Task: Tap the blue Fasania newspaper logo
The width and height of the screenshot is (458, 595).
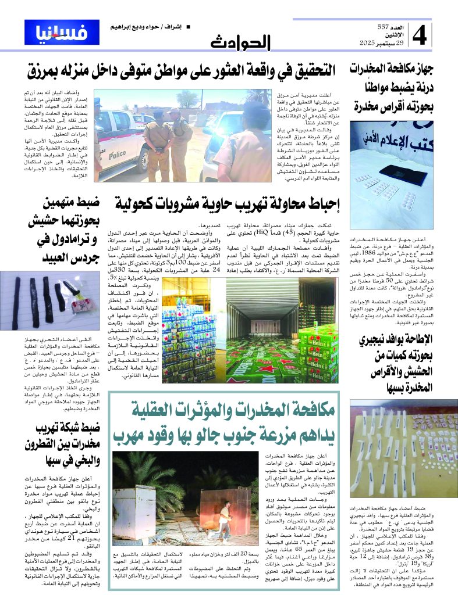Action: [x=62, y=33]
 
